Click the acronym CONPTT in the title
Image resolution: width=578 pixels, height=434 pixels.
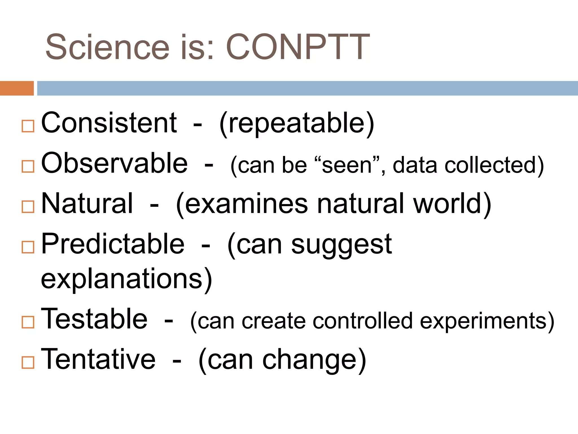coord(298,47)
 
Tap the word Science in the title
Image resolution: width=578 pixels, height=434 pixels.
coord(108,47)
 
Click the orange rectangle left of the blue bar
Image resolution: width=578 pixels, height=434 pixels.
coord(17,88)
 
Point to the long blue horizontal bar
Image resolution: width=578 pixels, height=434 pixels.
coord(307,88)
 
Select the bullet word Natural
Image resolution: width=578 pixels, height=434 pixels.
coord(87,203)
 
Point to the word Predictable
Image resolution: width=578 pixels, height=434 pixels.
coord(113,244)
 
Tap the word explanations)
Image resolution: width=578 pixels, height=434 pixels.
coord(126,279)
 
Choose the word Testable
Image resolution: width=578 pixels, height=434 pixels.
coord(94,319)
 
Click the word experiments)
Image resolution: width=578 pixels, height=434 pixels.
coord(487,321)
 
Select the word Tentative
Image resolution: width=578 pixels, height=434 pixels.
coord(98,359)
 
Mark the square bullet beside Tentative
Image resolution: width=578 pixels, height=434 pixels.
coord(28,362)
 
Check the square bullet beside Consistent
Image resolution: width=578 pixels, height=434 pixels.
coord(28,126)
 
